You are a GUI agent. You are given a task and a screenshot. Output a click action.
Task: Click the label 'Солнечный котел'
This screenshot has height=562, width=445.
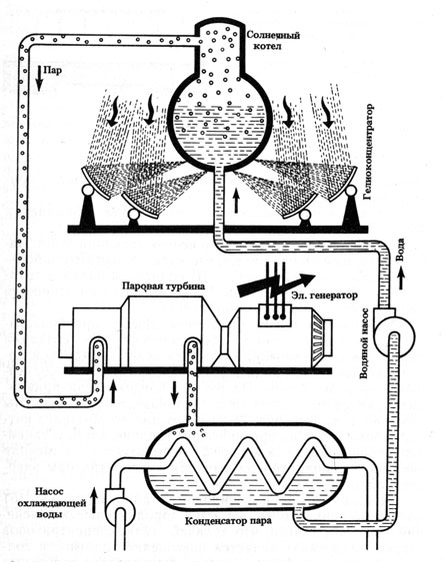point(273,41)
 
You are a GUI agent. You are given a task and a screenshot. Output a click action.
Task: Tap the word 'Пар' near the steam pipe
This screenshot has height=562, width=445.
point(52,70)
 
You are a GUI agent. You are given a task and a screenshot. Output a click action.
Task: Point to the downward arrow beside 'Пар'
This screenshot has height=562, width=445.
point(39,78)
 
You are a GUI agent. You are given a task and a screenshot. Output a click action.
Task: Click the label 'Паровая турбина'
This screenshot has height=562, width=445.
point(163,286)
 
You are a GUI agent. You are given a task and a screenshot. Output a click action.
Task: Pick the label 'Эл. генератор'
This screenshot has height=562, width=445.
point(324,295)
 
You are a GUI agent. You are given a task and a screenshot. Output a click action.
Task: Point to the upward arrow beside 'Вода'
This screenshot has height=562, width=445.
point(401,279)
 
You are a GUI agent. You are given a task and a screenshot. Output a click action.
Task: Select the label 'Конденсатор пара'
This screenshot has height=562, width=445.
point(228,520)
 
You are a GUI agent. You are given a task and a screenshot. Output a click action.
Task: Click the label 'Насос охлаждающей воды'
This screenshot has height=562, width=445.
point(59,503)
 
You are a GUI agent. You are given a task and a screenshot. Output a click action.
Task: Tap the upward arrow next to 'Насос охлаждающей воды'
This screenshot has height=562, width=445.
point(94,499)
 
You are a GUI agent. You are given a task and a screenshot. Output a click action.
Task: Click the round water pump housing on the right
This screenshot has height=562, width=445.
point(393,336)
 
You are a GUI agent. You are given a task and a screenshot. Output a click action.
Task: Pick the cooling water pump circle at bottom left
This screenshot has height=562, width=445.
point(120,510)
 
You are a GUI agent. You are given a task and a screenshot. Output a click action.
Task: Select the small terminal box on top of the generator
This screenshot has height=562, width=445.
point(274,315)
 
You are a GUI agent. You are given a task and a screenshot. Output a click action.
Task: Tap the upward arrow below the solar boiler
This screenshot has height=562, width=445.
point(236,202)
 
